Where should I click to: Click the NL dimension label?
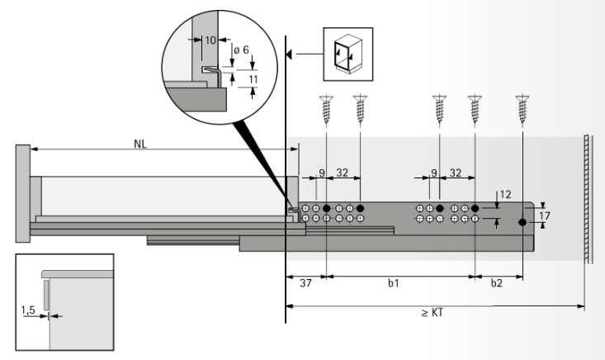(x=141, y=143)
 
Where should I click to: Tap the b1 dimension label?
(x=394, y=283)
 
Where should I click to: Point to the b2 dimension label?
(x=496, y=283)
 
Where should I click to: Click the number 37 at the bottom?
(x=305, y=283)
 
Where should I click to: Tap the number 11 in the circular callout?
(x=253, y=80)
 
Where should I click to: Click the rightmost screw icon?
(x=522, y=109)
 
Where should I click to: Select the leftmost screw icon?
(x=327, y=109)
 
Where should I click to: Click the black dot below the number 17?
(x=522, y=222)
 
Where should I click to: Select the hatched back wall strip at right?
(x=587, y=198)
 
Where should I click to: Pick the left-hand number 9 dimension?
(x=322, y=173)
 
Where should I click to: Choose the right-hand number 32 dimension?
(x=456, y=173)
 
